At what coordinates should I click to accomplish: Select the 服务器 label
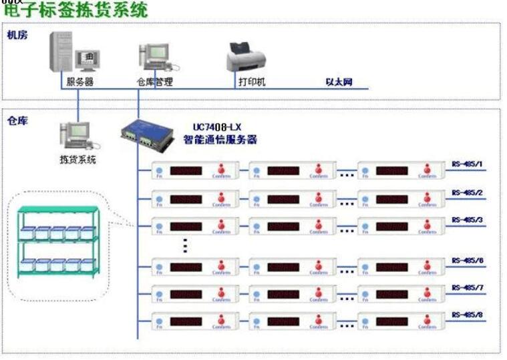pyautogui.click(x=79, y=82)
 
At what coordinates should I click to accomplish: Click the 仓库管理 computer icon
pyautogui.click(x=154, y=59)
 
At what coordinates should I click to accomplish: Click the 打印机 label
pyautogui.click(x=252, y=82)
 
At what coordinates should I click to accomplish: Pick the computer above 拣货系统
pyautogui.click(x=75, y=136)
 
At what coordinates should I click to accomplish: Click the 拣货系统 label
pyautogui.click(x=77, y=160)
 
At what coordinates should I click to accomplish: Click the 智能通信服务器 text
pyautogui.click(x=220, y=140)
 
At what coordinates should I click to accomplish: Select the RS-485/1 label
pyautogui.click(x=467, y=164)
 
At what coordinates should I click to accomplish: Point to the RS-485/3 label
pyautogui.click(x=467, y=219)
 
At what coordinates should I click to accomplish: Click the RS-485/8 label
pyautogui.click(x=467, y=314)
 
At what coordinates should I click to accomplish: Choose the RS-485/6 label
pyautogui.click(x=467, y=261)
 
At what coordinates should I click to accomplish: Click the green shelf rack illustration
pyautogui.click(x=56, y=240)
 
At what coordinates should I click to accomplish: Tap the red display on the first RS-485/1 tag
pyautogui.click(x=186, y=172)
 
